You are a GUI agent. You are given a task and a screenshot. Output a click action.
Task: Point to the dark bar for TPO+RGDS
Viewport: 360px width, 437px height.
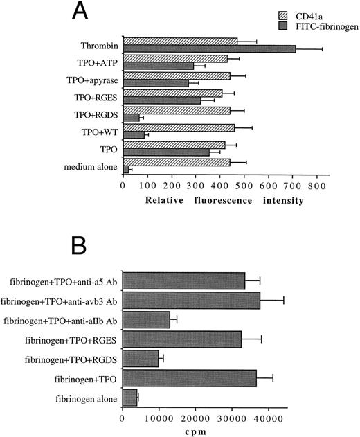(132, 117)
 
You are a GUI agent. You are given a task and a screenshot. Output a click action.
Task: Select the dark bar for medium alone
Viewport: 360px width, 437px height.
(126, 169)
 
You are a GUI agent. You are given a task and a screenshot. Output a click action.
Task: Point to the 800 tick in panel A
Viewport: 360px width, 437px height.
(316, 186)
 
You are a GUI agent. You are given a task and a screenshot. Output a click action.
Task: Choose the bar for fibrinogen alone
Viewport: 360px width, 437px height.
(130, 397)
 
